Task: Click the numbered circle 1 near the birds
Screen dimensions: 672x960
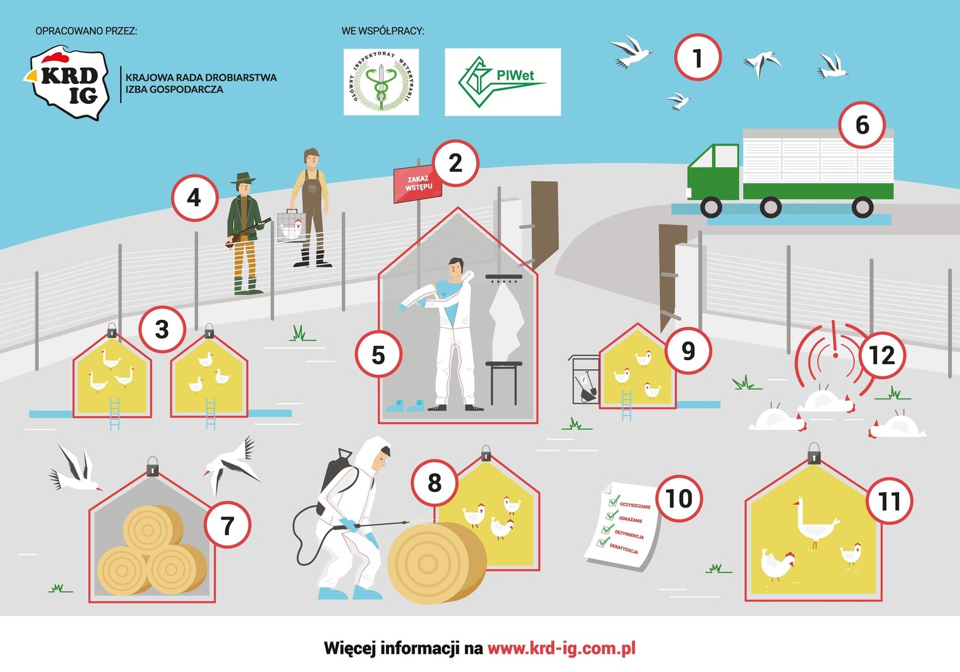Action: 697,57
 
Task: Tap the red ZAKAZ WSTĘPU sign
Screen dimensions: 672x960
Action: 418,184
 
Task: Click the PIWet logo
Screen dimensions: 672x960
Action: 502,82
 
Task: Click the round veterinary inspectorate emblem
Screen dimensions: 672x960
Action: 381,82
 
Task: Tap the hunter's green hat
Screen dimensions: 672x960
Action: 243,179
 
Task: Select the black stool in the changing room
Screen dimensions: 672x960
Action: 504,380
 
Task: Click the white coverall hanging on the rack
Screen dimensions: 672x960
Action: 506,320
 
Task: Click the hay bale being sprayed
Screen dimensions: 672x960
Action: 436,563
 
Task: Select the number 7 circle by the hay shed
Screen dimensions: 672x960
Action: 227,525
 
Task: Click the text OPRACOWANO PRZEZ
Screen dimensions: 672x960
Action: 86,30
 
